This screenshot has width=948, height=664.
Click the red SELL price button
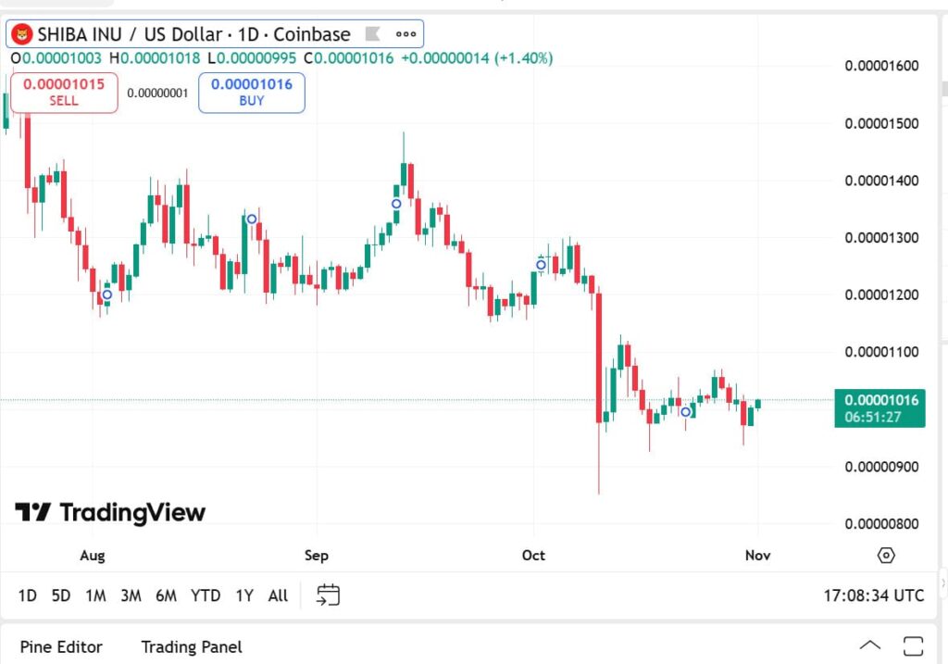[x=64, y=92]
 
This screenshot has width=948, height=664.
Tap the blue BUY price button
[x=252, y=92]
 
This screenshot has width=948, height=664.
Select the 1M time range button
[x=95, y=595]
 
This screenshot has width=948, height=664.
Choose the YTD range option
[x=206, y=595]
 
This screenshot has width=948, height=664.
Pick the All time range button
[x=278, y=595]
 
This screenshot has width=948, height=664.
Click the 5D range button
[x=61, y=595]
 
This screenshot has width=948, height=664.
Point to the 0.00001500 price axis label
[x=880, y=123]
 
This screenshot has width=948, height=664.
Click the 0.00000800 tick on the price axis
[x=880, y=523]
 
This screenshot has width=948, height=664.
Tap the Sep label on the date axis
[x=317, y=556]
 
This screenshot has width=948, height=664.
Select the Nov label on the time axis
[x=758, y=556]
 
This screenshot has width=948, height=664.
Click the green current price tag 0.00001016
[x=880, y=401]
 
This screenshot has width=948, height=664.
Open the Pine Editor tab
[x=61, y=646]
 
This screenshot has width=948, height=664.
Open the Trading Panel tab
[x=192, y=646]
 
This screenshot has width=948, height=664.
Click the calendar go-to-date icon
[x=329, y=595]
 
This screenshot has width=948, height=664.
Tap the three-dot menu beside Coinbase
[x=405, y=34]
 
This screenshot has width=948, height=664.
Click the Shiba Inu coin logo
[x=21, y=34]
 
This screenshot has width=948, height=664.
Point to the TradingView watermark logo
[x=110, y=512]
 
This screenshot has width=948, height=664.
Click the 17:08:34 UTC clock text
[x=873, y=595]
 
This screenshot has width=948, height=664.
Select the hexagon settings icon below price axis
[x=886, y=556]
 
